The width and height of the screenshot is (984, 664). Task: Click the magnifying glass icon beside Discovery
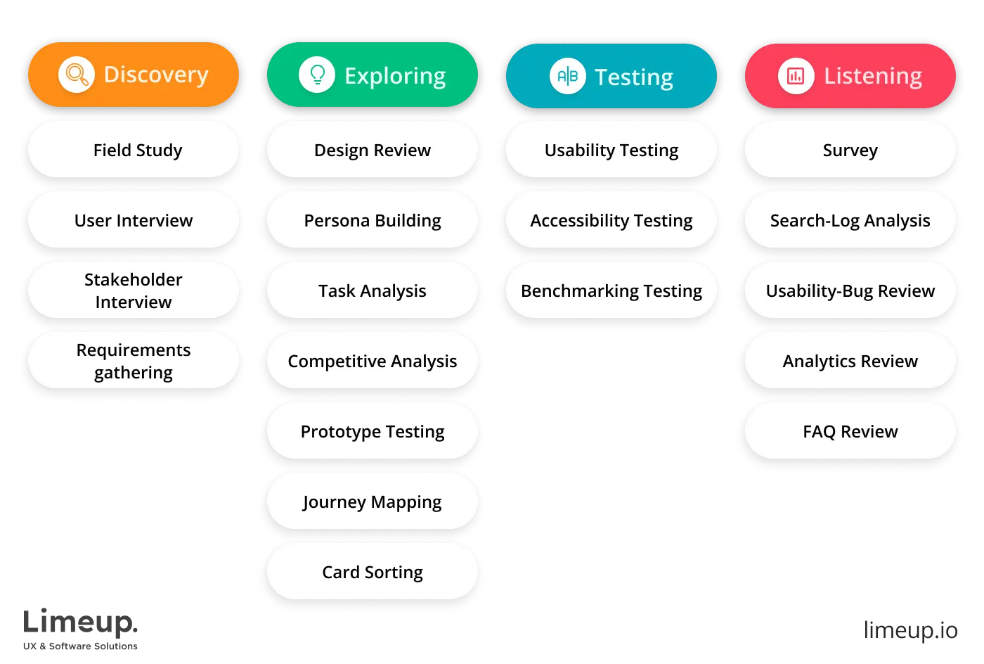(76, 75)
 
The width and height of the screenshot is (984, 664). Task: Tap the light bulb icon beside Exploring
(317, 75)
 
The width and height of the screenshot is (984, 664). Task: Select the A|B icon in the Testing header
(567, 76)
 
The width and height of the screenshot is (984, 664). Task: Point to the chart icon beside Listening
(796, 75)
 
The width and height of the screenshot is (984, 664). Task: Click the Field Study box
(134, 150)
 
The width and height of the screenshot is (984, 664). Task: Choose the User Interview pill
(134, 220)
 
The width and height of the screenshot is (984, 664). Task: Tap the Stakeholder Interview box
(134, 290)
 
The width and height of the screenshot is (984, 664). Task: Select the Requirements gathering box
(134, 361)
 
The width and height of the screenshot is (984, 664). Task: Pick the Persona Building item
(373, 220)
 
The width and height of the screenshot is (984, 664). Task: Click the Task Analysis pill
(373, 290)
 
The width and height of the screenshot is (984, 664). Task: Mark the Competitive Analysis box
(373, 361)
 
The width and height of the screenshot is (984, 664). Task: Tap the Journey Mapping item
(373, 502)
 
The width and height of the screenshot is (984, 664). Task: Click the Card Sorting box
(373, 572)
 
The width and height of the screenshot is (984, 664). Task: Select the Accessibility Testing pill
(611, 220)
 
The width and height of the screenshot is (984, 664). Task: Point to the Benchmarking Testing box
(611, 290)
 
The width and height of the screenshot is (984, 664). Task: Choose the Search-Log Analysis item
(850, 220)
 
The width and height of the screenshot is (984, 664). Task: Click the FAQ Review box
(850, 431)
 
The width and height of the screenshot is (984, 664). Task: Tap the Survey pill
(850, 150)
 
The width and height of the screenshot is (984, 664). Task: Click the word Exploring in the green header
(395, 75)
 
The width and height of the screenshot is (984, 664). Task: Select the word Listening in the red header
(873, 75)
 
